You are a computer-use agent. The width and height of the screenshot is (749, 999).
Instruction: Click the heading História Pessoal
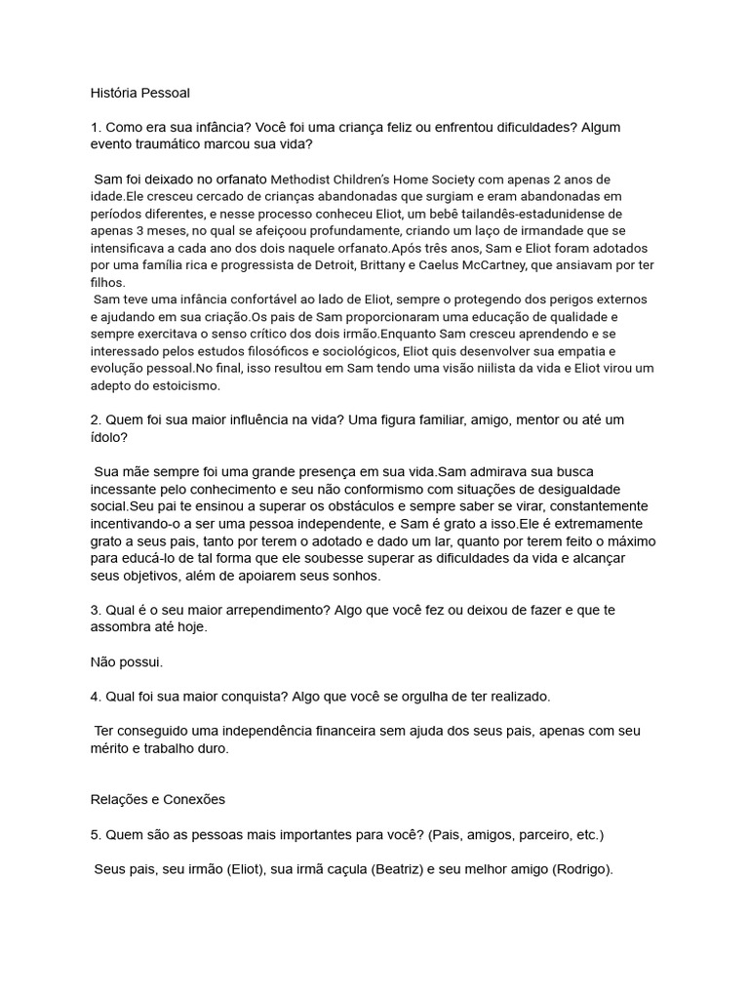pyautogui.click(x=140, y=93)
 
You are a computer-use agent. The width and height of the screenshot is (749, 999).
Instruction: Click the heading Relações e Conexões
pyautogui.click(x=157, y=799)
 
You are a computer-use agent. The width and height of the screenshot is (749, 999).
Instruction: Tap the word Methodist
pyautogui.click(x=302, y=180)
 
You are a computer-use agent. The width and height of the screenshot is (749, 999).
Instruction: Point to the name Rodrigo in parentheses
pyautogui.click(x=580, y=869)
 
